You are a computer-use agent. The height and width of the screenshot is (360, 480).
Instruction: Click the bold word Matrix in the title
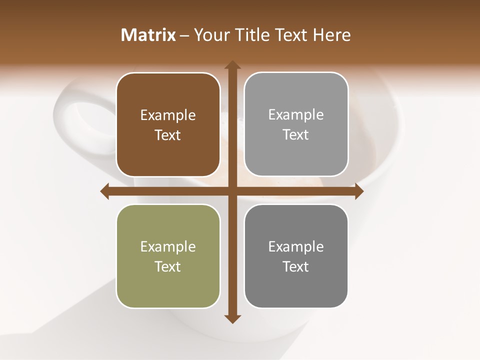click(148, 35)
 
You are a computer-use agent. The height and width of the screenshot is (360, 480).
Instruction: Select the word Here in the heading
click(332, 35)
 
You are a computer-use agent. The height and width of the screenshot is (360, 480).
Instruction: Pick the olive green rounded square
click(168, 285)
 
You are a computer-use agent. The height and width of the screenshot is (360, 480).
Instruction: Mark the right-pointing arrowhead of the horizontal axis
click(358, 191)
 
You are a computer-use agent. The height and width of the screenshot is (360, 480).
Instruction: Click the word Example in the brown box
click(168, 115)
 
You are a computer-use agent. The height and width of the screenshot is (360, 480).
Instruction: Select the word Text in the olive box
click(168, 266)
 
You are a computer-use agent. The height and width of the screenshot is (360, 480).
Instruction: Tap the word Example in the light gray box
click(296, 115)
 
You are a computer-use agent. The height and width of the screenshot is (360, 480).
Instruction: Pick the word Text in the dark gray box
click(296, 266)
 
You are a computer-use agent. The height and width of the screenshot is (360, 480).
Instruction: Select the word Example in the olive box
click(168, 247)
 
